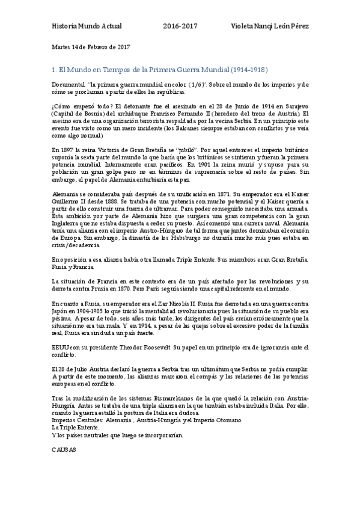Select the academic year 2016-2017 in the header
[180, 28]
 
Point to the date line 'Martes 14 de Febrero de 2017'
[90, 46]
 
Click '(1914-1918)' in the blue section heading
[248, 70]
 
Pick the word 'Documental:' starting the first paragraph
[69, 85]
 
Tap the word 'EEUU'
[61, 348]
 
